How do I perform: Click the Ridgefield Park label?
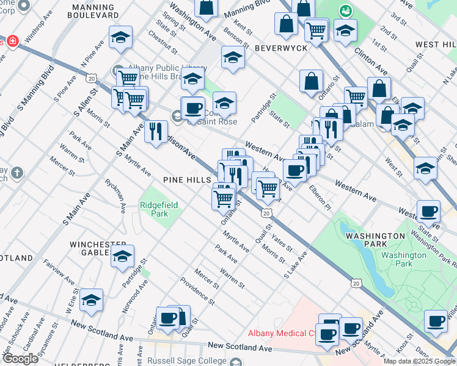(159, 209)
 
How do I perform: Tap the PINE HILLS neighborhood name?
(186, 180)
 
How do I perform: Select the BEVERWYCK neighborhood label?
(279, 47)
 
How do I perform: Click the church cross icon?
(17, 173)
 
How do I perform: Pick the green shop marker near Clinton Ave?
(346, 11)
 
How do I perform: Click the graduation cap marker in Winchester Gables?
(122, 257)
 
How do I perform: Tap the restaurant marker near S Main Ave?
(156, 131)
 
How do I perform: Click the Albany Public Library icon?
(117, 71)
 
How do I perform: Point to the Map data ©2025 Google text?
(419, 361)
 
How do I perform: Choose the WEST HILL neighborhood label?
(435, 45)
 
